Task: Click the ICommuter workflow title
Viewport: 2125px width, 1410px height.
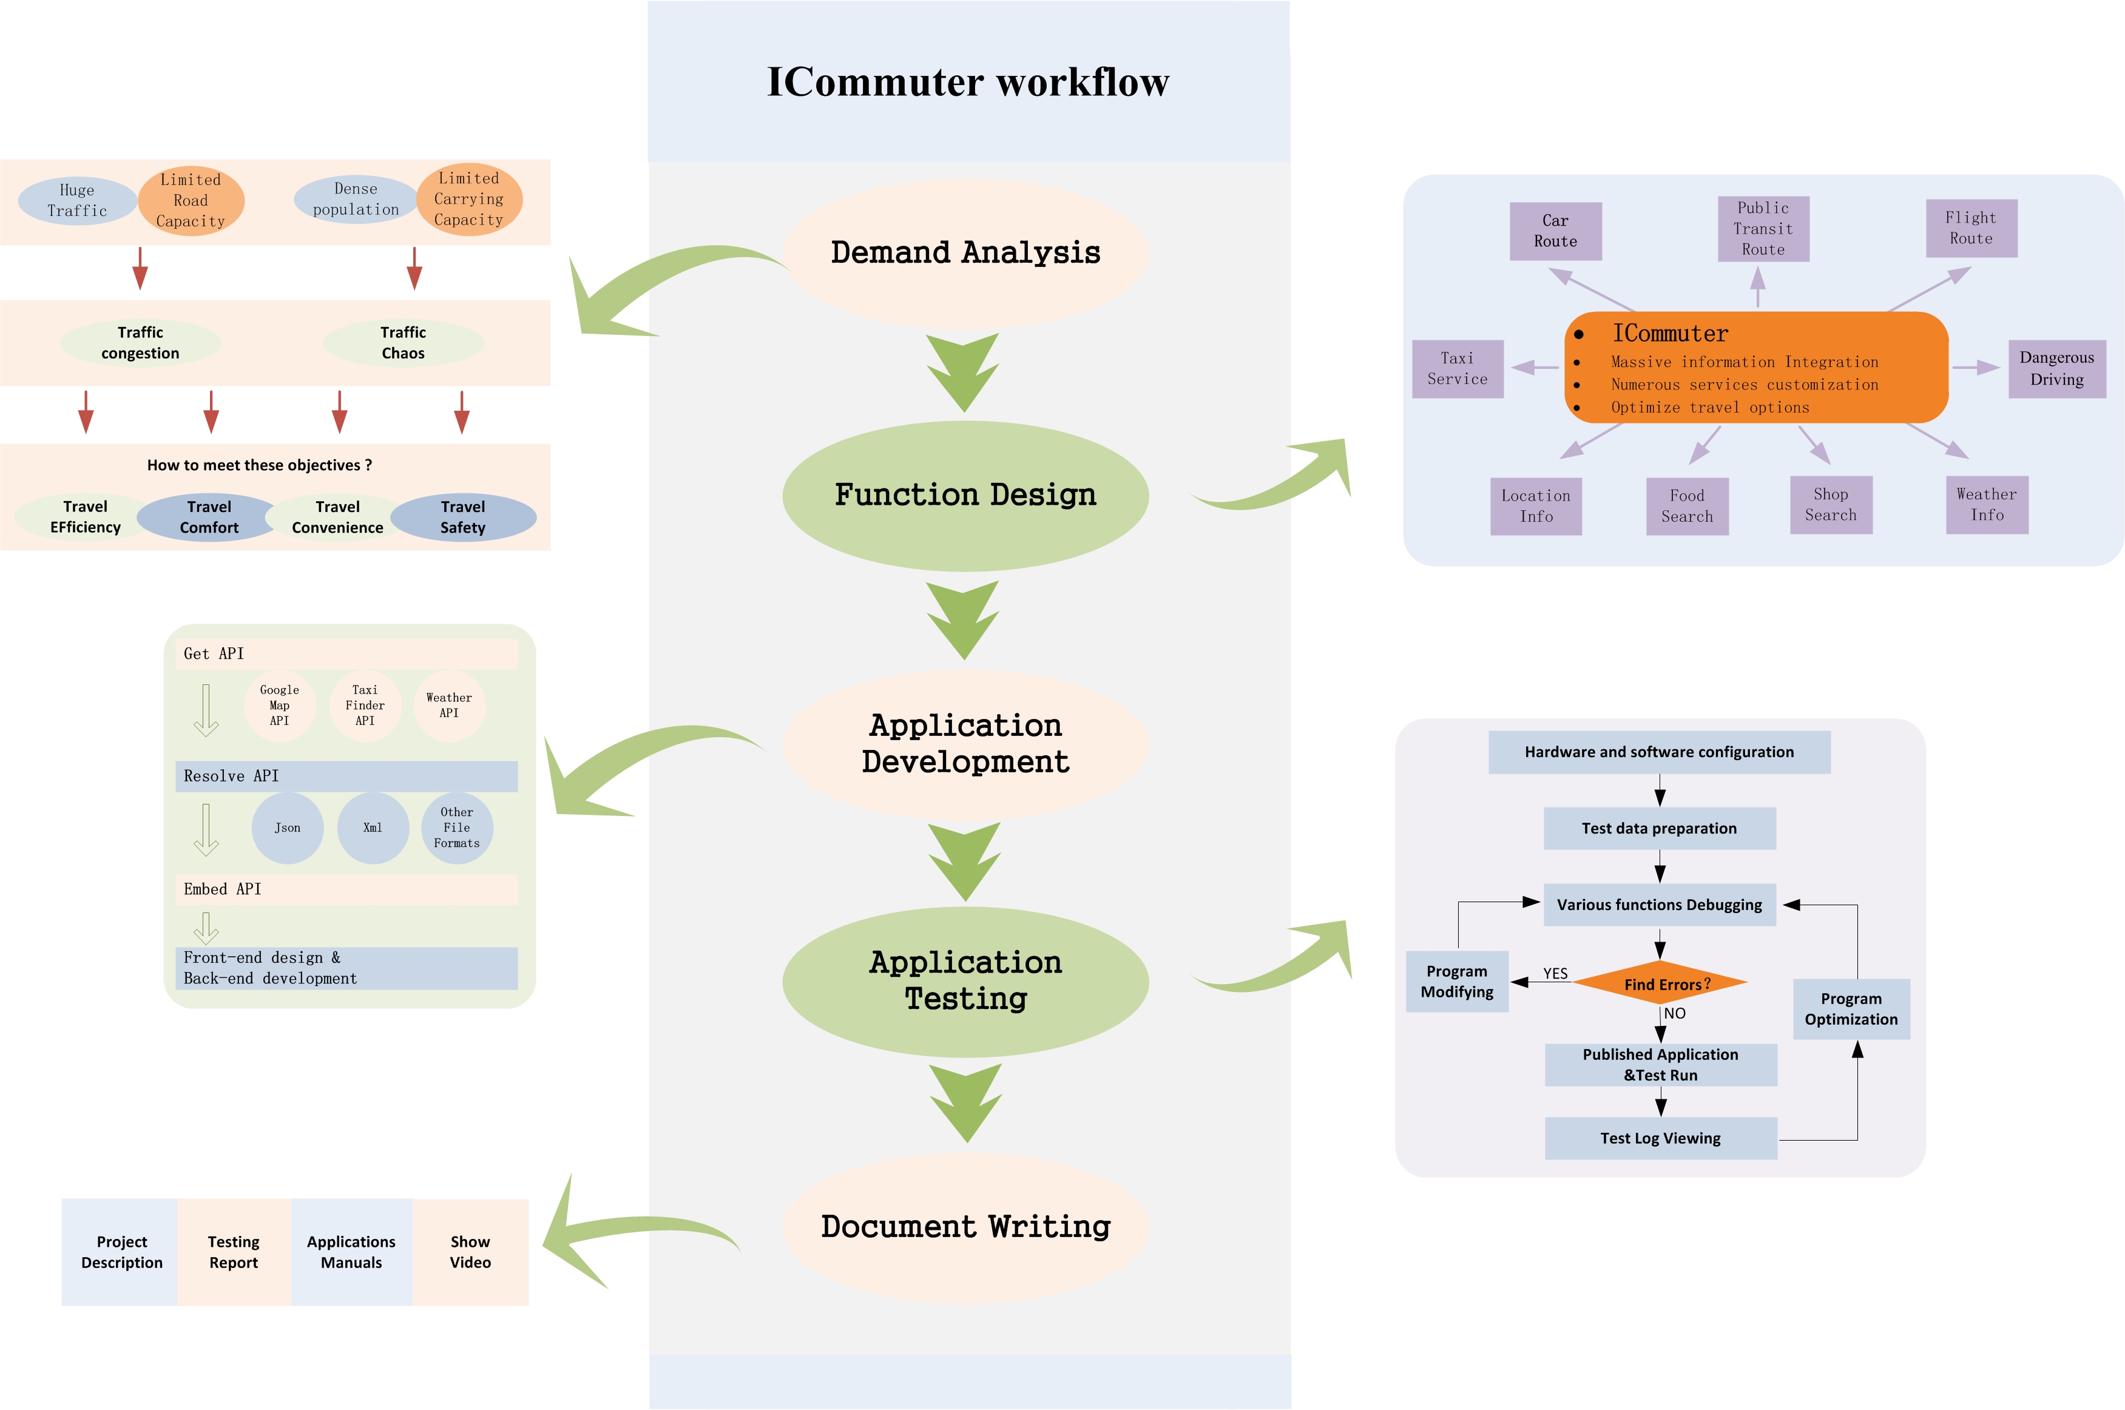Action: tap(968, 82)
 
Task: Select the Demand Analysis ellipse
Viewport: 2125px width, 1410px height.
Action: tap(965, 252)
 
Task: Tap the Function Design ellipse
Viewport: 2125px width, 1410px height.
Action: tap(965, 496)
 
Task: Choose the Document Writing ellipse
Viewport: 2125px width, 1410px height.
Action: tap(965, 1227)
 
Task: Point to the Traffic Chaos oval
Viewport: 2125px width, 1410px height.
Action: tap(403, 343)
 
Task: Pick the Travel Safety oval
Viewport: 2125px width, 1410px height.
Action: tap(463, 517)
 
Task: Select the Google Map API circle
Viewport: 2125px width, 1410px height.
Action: tap(280, 706)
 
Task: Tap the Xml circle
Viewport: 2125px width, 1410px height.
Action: tap(373, 828)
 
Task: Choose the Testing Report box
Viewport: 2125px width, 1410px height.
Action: tap(234, 1252)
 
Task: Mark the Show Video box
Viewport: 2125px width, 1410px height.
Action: tap(470, 1252)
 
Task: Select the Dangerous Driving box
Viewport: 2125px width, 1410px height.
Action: tap(2056, 369)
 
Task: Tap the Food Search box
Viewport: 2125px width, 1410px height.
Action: tap(1687, 506)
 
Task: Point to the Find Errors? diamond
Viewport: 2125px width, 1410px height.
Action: tap(1660, 983)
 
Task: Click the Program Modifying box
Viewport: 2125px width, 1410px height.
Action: tap(1457, 981)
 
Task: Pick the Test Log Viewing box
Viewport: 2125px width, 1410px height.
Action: tap(1660, 1138)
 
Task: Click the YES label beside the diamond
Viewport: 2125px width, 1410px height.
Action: tap(1555, 974)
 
